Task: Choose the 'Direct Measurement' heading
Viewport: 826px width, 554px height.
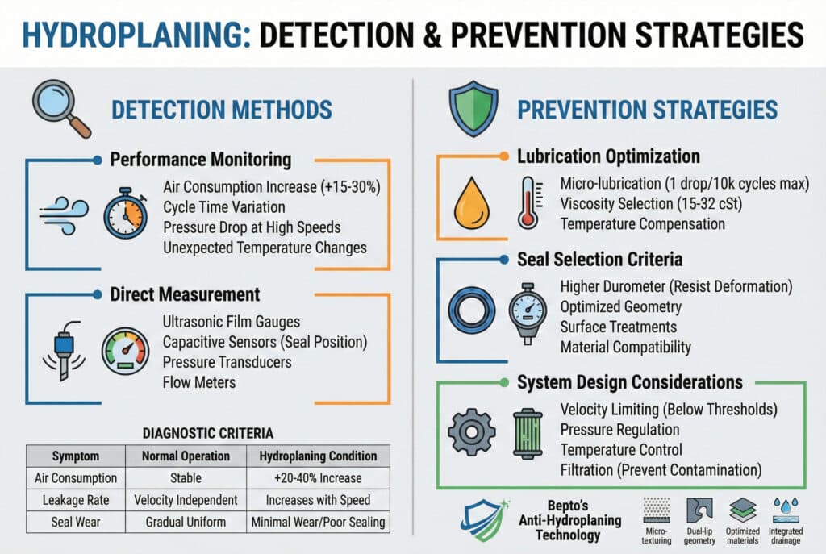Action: point(185,294)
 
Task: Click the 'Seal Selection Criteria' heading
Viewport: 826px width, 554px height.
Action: point(599,260)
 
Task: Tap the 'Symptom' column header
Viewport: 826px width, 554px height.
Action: point(74,455)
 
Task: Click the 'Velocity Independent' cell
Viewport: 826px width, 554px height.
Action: point(185,500)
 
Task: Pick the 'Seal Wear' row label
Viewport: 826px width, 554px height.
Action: point(74,522)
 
